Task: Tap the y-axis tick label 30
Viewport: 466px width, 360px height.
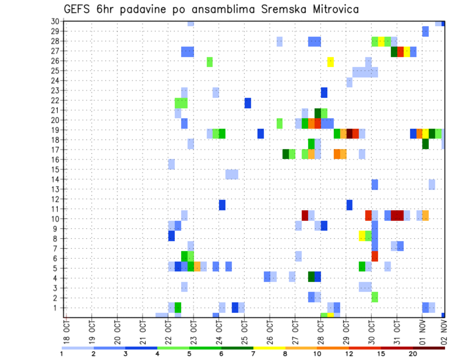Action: [55, 21]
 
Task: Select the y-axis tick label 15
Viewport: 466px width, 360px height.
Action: [55, 169]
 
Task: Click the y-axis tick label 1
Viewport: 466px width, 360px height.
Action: [57, 308]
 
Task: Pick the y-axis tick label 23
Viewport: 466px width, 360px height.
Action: [55, 90]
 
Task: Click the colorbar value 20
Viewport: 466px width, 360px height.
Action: [413, 354]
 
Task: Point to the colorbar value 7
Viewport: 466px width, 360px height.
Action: [253, 354]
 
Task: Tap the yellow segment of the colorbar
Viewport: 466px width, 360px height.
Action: [269, 348]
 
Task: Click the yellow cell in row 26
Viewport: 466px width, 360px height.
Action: [331, 61]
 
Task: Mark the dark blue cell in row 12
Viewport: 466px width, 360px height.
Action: [349, 204]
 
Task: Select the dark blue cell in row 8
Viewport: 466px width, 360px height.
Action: [171, 236]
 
